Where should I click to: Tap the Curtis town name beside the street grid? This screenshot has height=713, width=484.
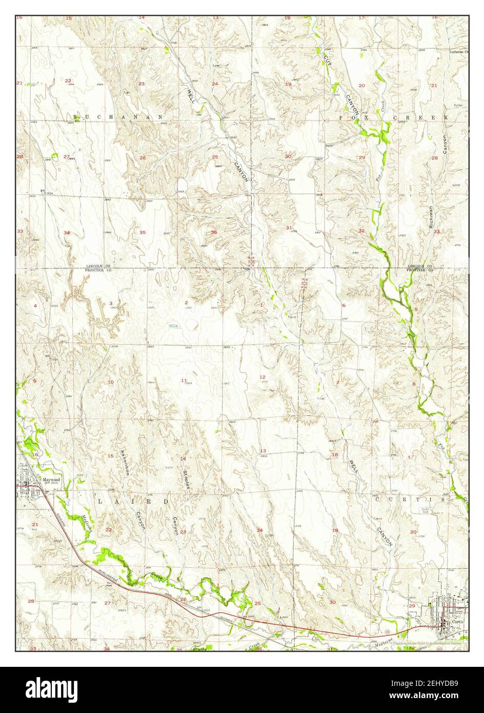(x=456, y=621)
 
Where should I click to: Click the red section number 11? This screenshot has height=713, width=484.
(x=184, y=380)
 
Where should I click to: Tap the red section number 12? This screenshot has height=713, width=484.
(x=263, y=377)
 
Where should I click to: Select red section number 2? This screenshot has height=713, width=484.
(x=186, y=303)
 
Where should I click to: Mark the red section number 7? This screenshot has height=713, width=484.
(x=338, y=383)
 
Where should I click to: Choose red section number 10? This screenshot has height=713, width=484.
(x=110, y=382)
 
